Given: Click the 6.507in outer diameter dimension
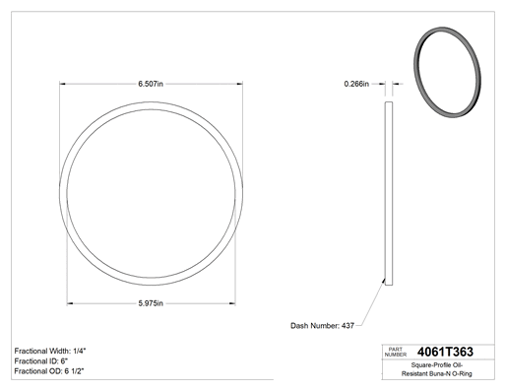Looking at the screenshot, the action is click(151, 84).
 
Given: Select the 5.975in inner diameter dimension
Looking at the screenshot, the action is click(151, 303).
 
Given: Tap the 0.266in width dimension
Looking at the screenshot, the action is click(356, 84).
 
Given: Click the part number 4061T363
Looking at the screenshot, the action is click(445, 352).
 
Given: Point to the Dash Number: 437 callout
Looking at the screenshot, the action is click(322, 326).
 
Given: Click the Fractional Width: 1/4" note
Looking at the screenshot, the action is click(50, 351).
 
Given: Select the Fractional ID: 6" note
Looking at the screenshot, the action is click(41, 361).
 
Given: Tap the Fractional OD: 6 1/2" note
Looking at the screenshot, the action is click(49, 371).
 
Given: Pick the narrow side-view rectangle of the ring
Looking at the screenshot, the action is click(389, 193).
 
